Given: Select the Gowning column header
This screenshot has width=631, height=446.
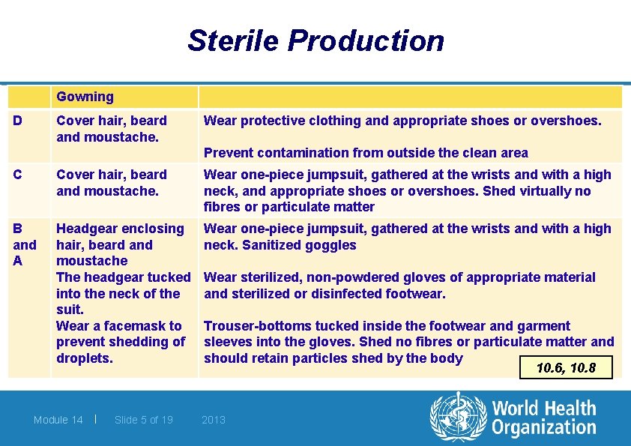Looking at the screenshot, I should tap(85, 97).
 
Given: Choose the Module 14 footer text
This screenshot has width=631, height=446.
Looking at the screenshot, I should tap(58, 420).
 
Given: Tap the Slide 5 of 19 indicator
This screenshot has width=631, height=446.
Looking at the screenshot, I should tap(144, 420).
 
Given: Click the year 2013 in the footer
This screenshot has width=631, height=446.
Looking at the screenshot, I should tap(214, 420).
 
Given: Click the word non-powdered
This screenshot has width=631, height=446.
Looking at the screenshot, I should tap(355, 277).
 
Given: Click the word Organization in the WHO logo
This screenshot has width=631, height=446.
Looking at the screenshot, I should tap(544, 428).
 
